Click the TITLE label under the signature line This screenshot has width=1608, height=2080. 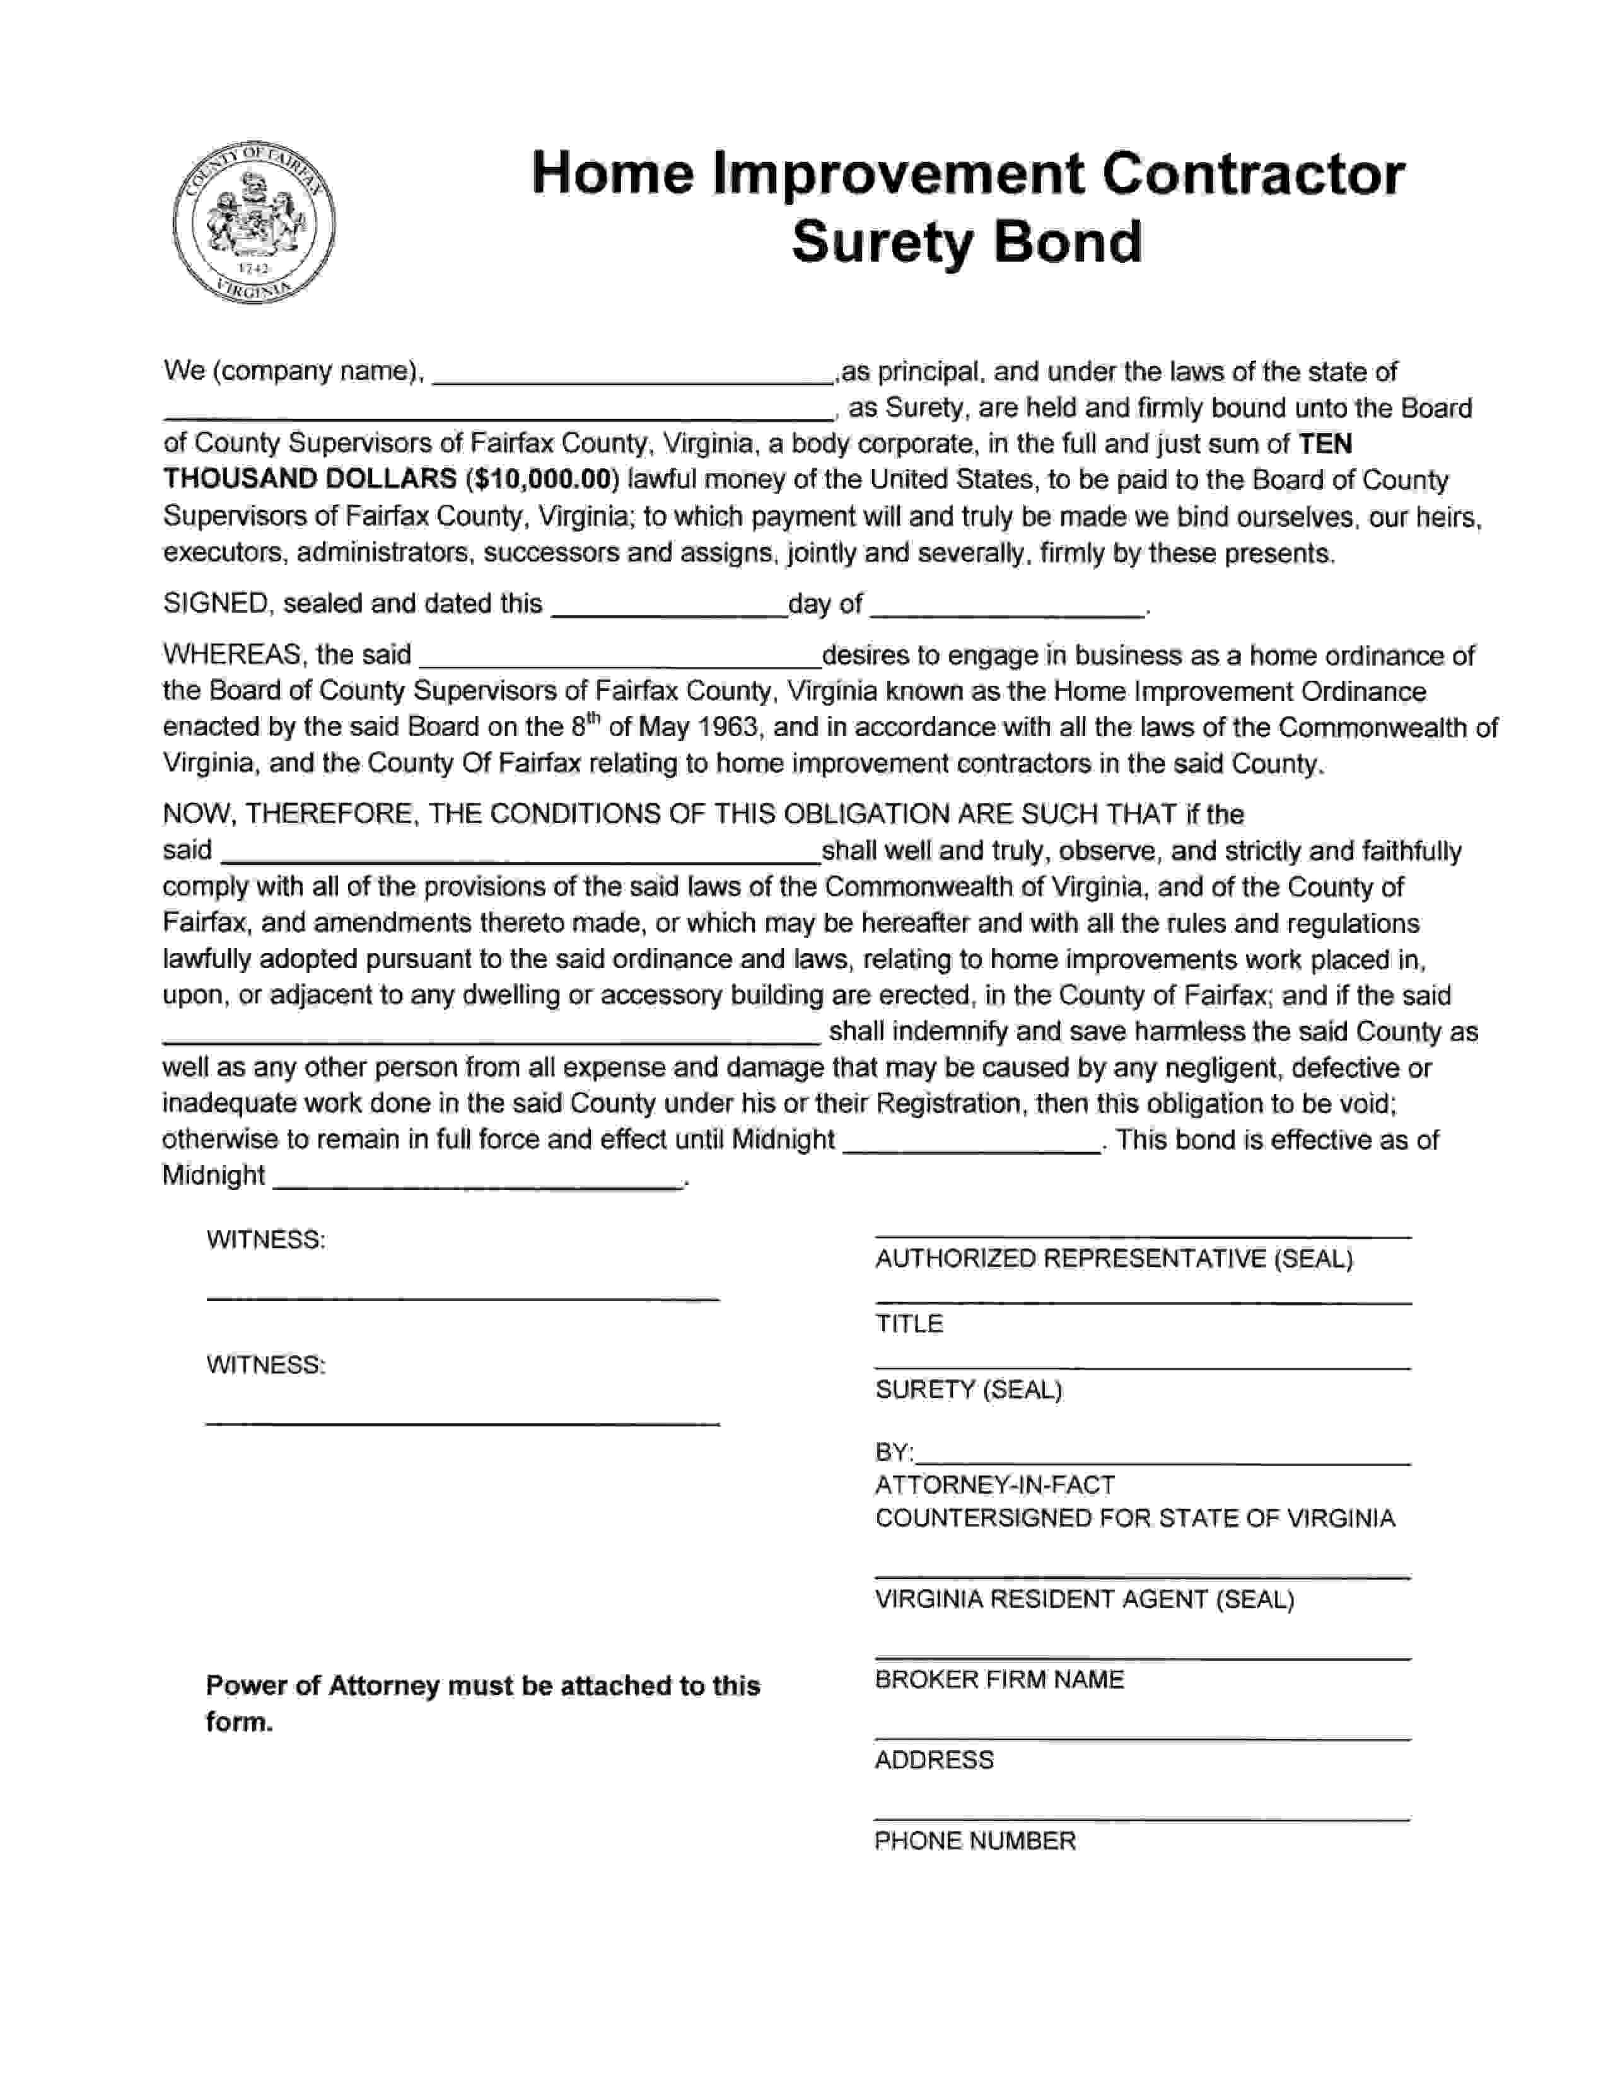tap(909, 1324)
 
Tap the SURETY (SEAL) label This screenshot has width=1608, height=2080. tap(968, 1390)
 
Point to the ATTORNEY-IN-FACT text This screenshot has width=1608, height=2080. tap(994, 1485)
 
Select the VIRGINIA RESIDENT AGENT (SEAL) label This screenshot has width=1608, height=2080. tap(1084, 1599)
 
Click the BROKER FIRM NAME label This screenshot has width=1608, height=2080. tap(999, 1679)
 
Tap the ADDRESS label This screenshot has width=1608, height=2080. tap(933, 1760)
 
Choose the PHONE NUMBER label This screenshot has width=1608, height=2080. tap(974, 1841)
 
